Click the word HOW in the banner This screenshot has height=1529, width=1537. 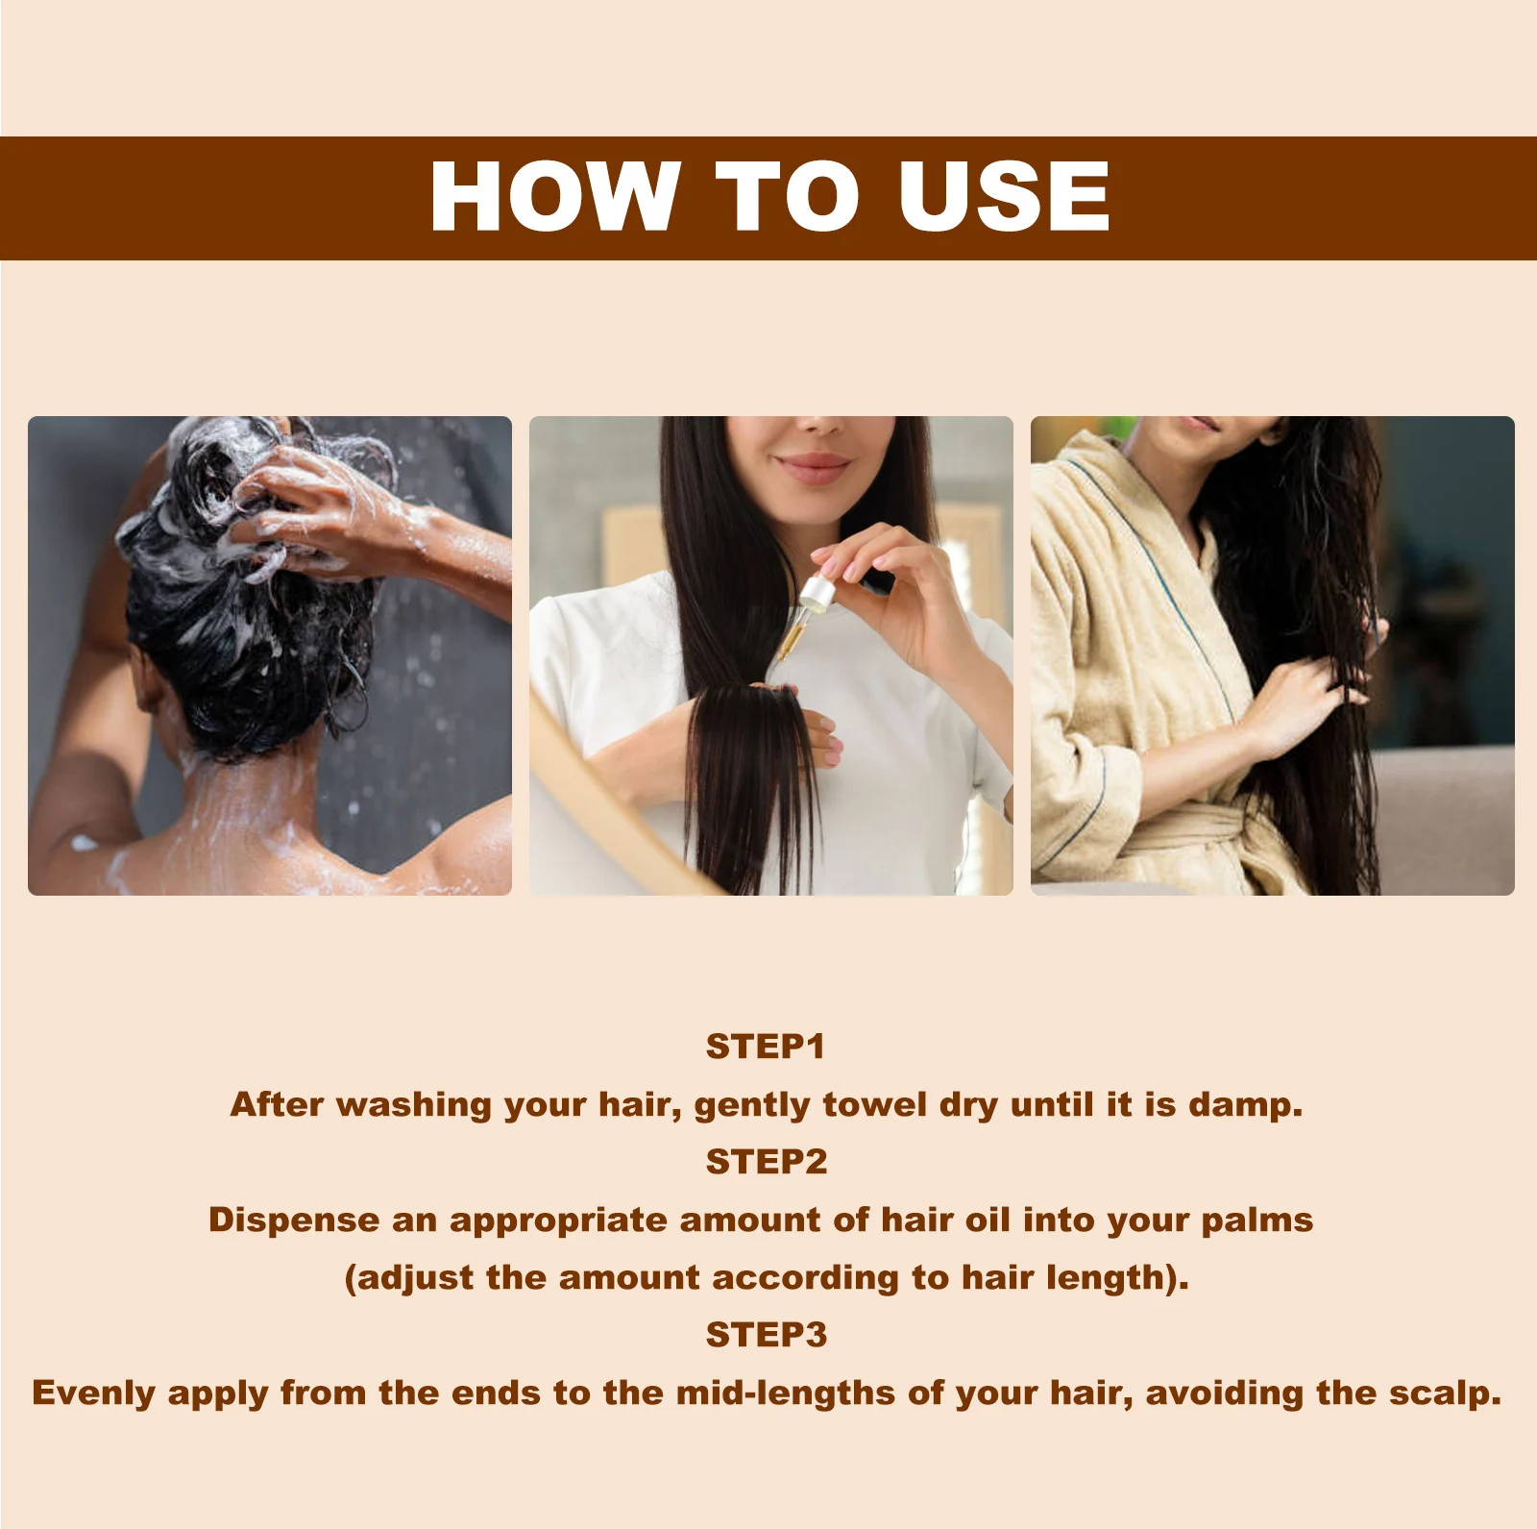tap(554, 196)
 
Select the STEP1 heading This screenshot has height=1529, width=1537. tap(766, 1047)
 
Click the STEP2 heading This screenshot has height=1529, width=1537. tap(766, 1162)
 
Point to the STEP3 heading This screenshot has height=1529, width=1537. tap(766, 1335)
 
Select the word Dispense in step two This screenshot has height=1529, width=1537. tap(294, 1220)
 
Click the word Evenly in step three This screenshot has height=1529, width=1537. tap(93, 1393)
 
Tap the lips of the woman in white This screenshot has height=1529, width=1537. tap(812, 467)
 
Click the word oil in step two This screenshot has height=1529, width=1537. tap(987, 1220)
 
